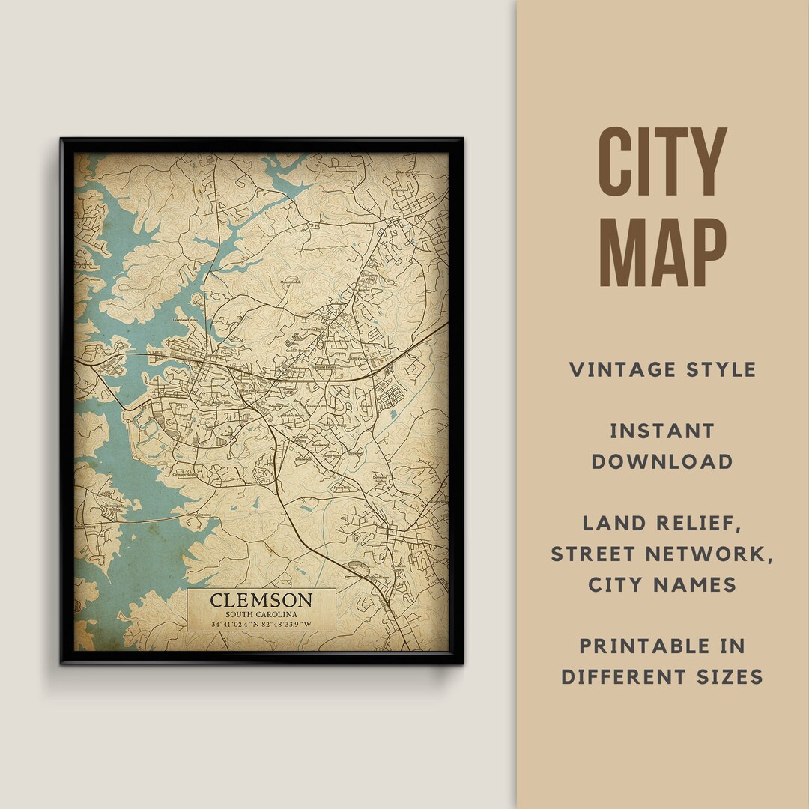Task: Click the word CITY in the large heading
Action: pos(663,163)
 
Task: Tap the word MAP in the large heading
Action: pos(663,252)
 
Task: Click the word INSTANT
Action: pos(662,431)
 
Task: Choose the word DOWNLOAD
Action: pos(662,461)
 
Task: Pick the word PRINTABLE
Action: pos(662,646)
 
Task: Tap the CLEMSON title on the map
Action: pos(261,600)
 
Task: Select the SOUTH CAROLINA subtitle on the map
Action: pos(261,614)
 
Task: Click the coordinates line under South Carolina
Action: pos(261,624)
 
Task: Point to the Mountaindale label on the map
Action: pos(291,282)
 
